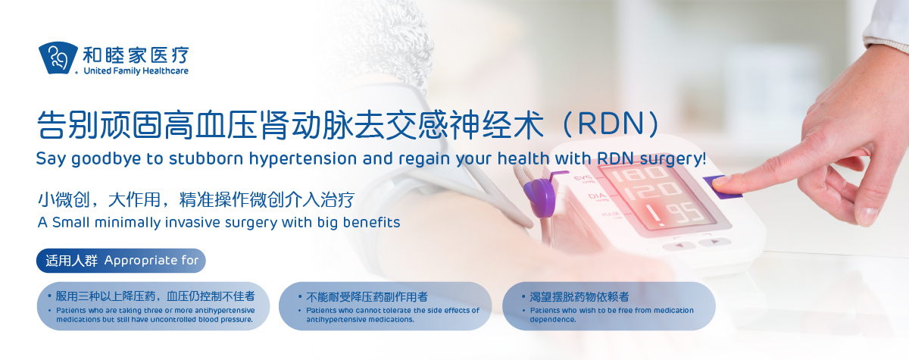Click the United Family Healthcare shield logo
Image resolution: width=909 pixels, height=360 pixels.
point(58,58)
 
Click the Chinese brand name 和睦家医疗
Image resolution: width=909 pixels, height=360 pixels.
point(136,55)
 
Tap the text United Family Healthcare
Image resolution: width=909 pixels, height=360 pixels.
point(136,71)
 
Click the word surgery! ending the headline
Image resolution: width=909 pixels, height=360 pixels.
point(673,158)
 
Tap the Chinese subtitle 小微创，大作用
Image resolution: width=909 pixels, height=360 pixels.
point(98,200)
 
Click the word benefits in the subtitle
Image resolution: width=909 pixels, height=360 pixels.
point(371,222)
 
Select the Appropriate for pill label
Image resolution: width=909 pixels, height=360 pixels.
point(121,261)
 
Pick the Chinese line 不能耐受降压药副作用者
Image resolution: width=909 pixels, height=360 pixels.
point(367,297)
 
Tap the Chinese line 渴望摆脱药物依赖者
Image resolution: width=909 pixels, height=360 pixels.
point(579,297)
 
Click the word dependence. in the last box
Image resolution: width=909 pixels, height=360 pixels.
point(553,319)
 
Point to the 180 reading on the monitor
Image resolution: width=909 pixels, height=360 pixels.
point(639,174)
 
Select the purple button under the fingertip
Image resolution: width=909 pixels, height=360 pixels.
point(720,187)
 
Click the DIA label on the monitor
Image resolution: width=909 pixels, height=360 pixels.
point(597,196)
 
